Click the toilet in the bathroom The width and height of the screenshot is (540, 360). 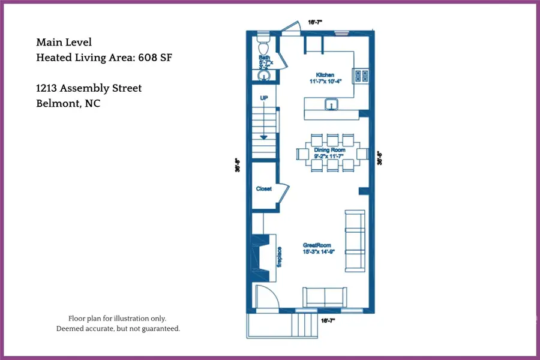(x=263, y=46)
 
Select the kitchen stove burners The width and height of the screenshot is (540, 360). (x=362, y=76)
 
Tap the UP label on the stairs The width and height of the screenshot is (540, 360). (x=263, y=97)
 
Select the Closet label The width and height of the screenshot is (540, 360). (x=264, y=188)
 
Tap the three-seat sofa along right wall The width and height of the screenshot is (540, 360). (x=355, y=240)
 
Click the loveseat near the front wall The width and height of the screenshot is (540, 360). (x=324, y=296)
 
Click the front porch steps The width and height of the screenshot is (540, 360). (x=303, y=326)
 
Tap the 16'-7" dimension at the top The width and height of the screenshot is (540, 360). (x=315, y=22)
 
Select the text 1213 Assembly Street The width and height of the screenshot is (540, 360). (x=89, y=88)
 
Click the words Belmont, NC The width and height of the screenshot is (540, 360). (x=68, y=103)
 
